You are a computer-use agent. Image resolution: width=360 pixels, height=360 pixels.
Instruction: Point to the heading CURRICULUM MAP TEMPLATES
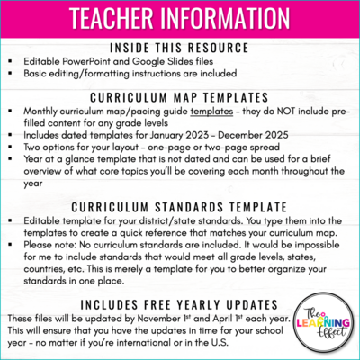[179, 96]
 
